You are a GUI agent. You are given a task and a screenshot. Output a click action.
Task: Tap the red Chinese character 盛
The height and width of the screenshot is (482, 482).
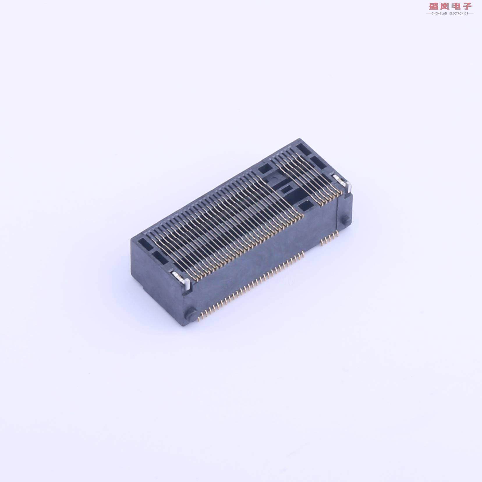point(435,6)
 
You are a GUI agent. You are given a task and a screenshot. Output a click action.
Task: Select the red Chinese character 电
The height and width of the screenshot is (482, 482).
point(456,6)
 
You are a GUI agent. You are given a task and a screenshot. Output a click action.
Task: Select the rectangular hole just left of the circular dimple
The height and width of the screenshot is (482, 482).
point(264,168)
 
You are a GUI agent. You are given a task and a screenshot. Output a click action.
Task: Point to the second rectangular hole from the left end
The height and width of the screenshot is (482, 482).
point(159,256)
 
